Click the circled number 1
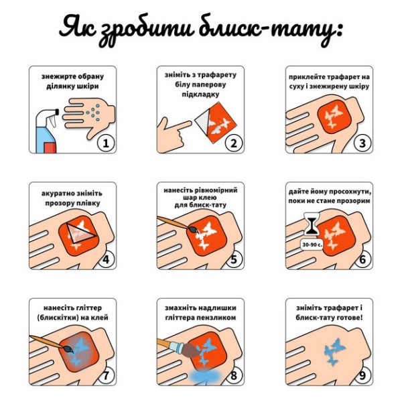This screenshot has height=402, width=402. point(105,143)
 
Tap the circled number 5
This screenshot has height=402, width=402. point(234,259)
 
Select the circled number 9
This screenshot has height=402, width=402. point(362,375)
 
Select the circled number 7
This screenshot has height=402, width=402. point(105,375)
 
